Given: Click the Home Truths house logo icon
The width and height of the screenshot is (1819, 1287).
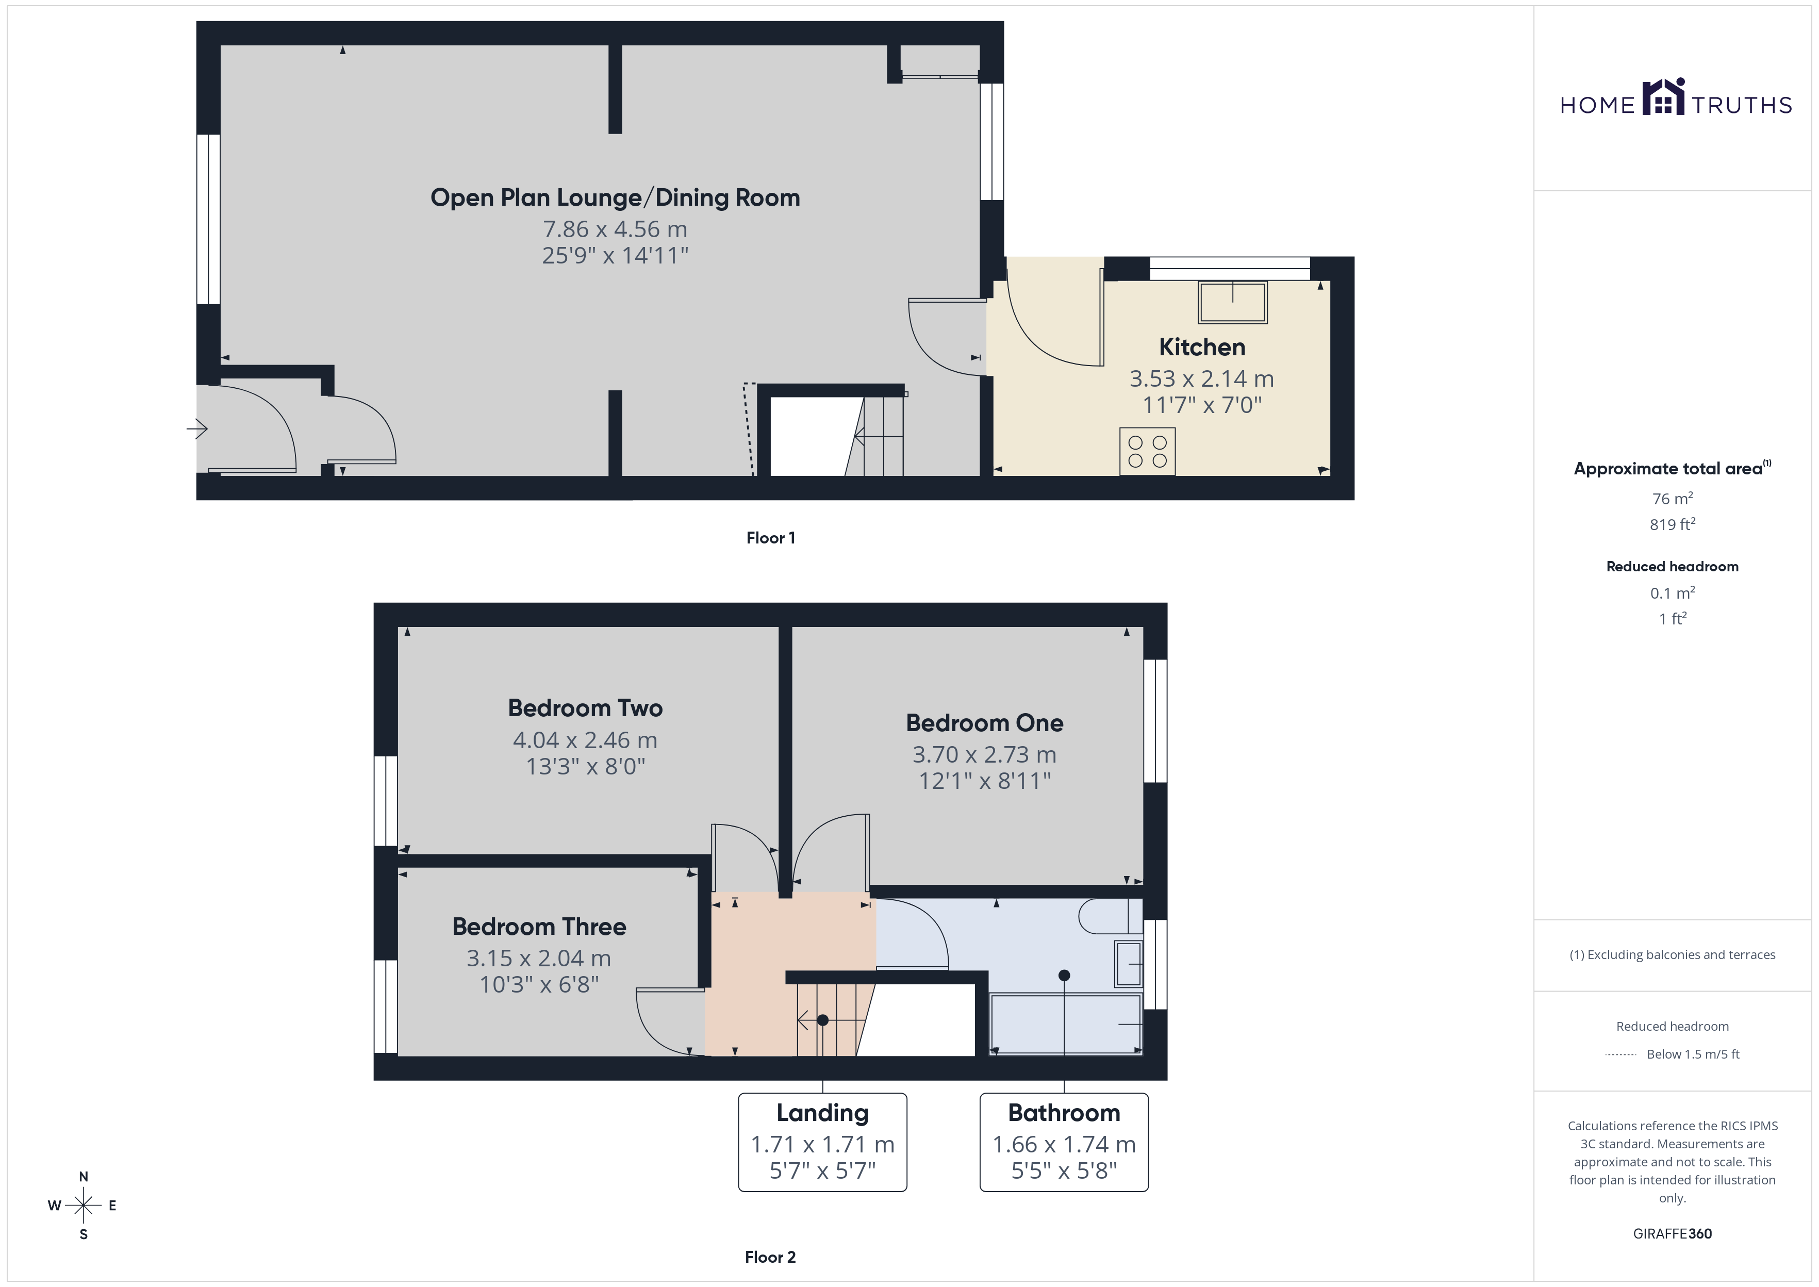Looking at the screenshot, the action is click(x=1663, y=97).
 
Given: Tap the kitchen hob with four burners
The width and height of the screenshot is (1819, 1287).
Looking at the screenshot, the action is click(x=1147, y=452).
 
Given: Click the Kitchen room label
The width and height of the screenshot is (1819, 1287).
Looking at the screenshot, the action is click(x=1202, y=347).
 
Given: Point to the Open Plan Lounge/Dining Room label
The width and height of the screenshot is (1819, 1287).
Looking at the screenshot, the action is click(x=615, y=197).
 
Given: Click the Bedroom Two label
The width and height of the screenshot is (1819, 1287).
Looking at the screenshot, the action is click(x=586, y=707).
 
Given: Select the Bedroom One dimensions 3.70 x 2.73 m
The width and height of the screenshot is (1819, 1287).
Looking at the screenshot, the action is click(x=984, y=754).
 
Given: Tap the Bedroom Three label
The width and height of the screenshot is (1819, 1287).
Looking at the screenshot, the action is click(x=539, y=927).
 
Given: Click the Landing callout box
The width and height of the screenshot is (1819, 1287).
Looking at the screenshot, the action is click(x=822, y=1142).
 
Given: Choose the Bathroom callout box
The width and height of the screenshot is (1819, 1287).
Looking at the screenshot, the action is click(x=1064, y=1142).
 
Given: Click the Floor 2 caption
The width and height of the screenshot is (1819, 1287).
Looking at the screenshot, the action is click(x=770, y=1257).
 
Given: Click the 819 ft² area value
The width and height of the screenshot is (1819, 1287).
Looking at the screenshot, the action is click(x=1673, y=524).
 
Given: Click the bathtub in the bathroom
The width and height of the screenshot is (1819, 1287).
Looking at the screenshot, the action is click(x=1066, y=1025).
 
